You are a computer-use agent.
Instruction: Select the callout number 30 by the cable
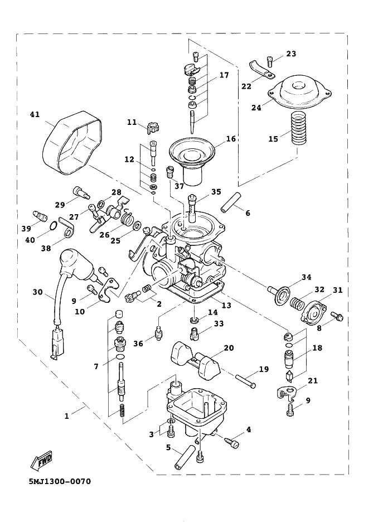tap(37, 292)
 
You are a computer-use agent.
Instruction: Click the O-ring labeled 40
tap(51, 226)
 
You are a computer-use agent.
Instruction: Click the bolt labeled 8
tap(337, 317)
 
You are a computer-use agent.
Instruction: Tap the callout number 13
tap(226, 306)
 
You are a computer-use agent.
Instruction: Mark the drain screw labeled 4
tap(231, 441)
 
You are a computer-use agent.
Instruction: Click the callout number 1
tap(67, 415)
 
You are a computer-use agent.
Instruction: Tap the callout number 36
tap(138, 344)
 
